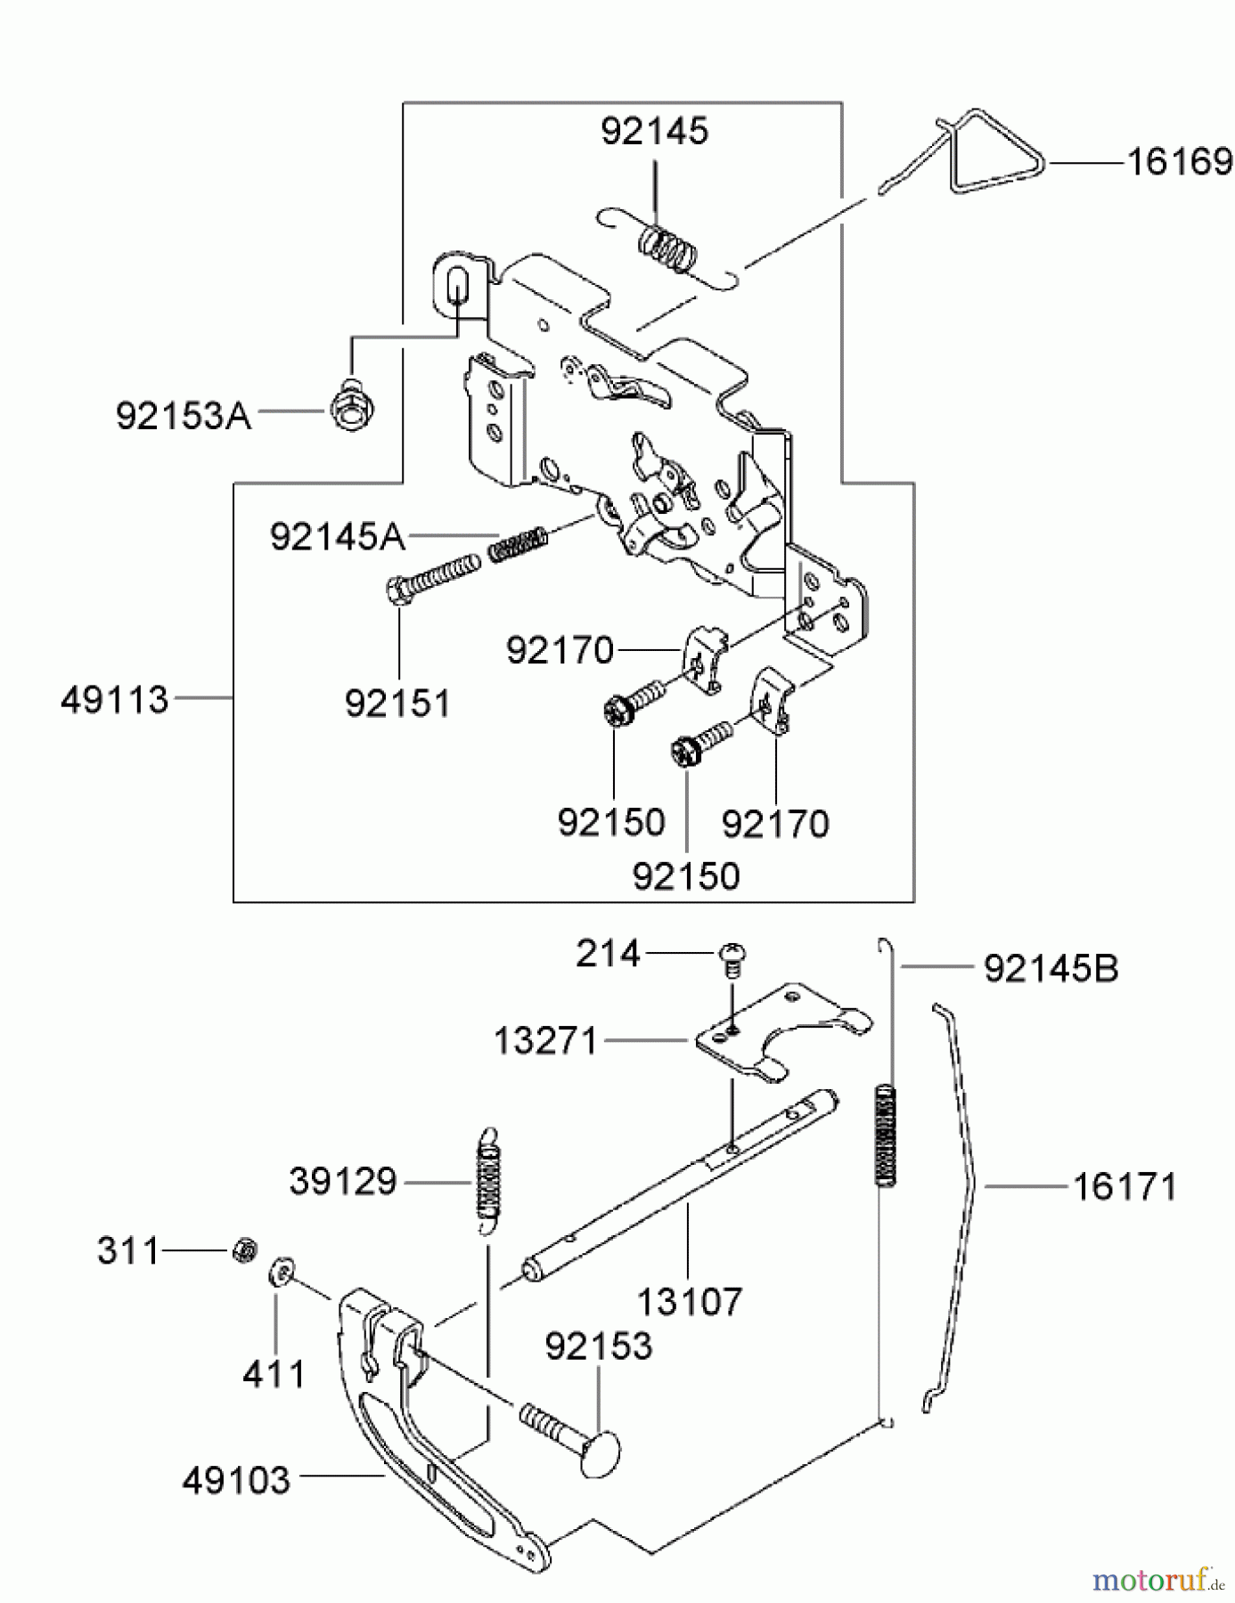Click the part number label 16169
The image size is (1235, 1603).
coord(1178,163)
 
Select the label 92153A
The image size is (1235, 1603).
coord(184,415)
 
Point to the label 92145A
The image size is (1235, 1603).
coord(337,537)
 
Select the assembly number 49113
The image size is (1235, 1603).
coord(114,700)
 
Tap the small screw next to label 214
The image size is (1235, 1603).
coord(732,958)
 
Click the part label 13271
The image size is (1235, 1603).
coord(545,1040)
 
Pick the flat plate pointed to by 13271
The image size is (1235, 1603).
coord(775,1029)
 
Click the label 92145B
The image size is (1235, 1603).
coord(1051,968)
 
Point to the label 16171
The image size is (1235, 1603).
coord(1124,1187)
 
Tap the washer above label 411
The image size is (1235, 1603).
coord(281,1271)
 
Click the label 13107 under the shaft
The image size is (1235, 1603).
coord(689,1302)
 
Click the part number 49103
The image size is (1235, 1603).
coord(236,1481)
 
